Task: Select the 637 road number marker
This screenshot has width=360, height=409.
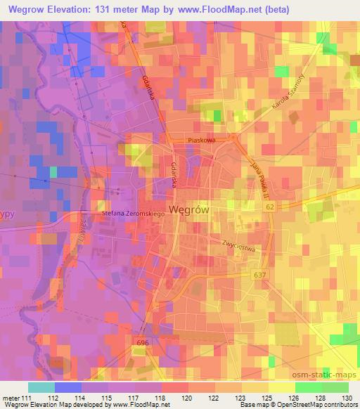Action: click(259, 275)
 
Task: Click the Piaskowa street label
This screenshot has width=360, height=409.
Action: click(201, 140)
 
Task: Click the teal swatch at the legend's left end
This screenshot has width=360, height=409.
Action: click(41, 387)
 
